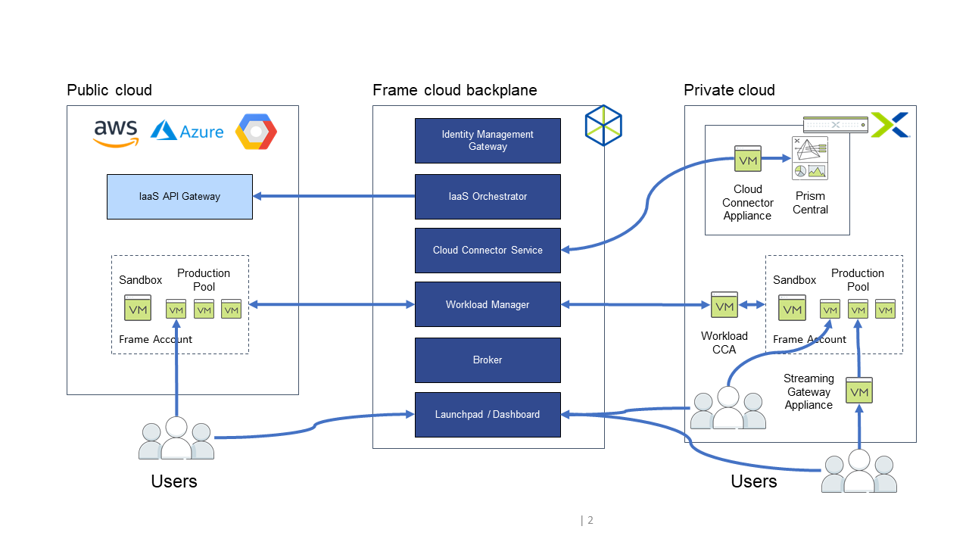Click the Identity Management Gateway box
pyautogui.click(x=488, y=141)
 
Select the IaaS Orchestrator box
pyautogui.click(x=488, y=197)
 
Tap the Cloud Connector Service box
pyautogui.click(x=488, y=251)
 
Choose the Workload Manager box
pyautogui.click(x=488, y=304)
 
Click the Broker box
pyautogui.click(x=488, y=360)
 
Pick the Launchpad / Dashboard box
pyautogui.click(x=488, y=415)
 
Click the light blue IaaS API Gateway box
pyautogui.click(x=179, y=197)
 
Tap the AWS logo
pyautogui.click(x=116, y=133)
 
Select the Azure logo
pyautogui.click(x=187, y=132)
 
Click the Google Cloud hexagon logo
pyautogui.click(x=256, y=132)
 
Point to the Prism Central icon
pyautogui.click(x=810, y=158)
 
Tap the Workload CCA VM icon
pyautogui.click(x=724, y=305)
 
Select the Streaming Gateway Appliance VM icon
pyautogui.click(x=859, y=391)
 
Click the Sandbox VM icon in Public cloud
pyautogui.click(x=138, y=308)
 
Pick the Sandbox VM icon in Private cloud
pyautogui.click(x=792, y=308)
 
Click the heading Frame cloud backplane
pyautogui.click(x=455, y=91)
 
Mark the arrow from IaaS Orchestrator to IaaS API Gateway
pyautogui.click(x=333, y=197)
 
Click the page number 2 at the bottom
pyautogui.click(x=590, y=520)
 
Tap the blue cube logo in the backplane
pyautogui.click(x=603, y=126)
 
